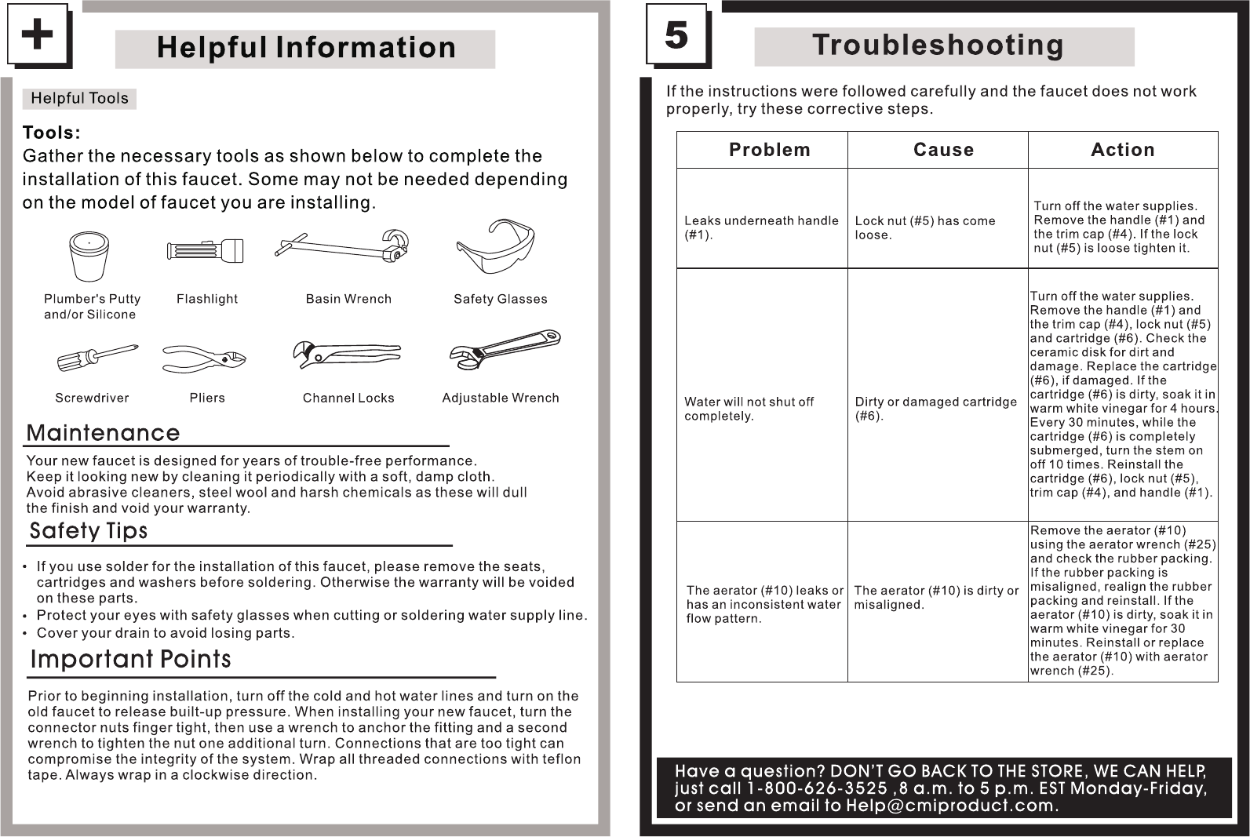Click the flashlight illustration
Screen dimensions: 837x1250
tap(206, 252)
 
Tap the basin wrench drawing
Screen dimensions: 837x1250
tap(343, 247)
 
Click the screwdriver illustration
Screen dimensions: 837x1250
tap(97, 357)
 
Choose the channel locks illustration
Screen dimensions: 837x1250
tap(345, 355)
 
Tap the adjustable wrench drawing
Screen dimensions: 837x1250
tap(505, 350)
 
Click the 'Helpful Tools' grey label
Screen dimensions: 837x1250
tap(79, 98)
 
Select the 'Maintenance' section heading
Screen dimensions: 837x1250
tap(103, 433)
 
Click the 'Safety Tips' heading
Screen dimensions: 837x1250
tap(88, 531)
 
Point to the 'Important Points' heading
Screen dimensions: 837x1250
tap(130, 659)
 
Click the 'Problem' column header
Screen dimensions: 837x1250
tap(769, 150)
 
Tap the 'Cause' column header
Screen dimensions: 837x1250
tap(943, 150)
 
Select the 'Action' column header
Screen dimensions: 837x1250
tap(1122, 150)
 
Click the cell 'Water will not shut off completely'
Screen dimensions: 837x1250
tap(749, 409)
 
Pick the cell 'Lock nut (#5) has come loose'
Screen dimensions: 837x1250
tap(924, 227)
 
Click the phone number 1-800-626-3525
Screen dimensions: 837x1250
tap(816, 788)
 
